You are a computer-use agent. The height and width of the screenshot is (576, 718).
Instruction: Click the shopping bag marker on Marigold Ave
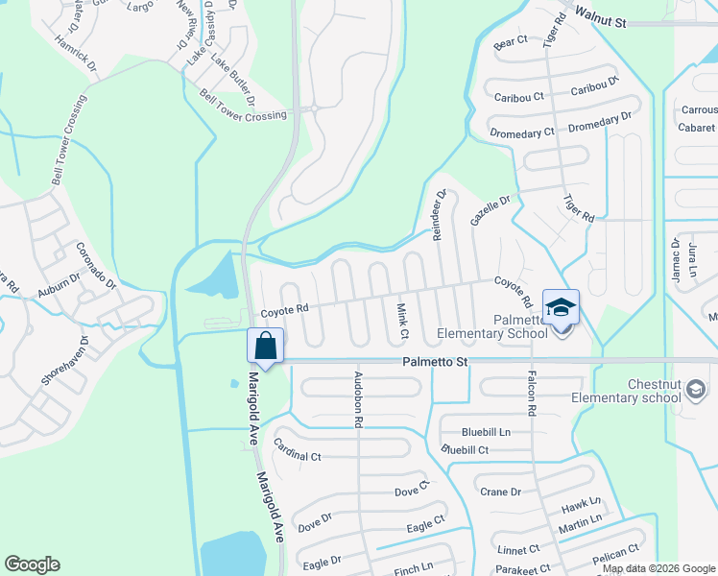pyautogui.click(x=266, y=346)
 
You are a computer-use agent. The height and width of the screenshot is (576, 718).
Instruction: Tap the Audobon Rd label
pyautogui.click(x=358, y=398)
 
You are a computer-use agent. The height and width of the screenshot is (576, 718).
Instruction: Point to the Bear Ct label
pyautogui.click(x=511, y=42)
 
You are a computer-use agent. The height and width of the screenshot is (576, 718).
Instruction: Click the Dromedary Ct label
pyautogui.click(x=522, y=133)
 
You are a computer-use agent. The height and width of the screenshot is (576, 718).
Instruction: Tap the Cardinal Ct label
pyautogui.click(x=297, y=451)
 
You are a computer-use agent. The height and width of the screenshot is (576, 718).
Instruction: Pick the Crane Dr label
pyautogui.click(x=500, y=492)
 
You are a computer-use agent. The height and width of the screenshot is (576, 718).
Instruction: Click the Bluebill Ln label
pyautogui.click(x=486, y=432)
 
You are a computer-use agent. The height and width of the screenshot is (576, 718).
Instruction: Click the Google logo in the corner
pyautogui.click(x=32, y=564)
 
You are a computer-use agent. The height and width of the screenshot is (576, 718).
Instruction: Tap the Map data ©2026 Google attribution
pyautogui.click(x=658, y=568)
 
